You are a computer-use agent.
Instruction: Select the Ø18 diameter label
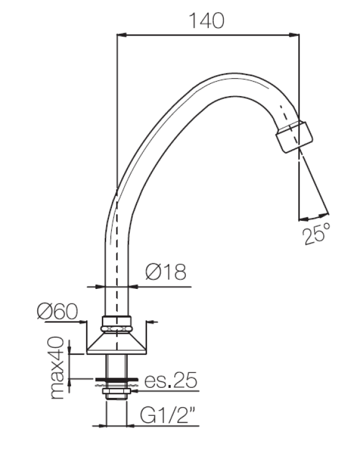(165, 271)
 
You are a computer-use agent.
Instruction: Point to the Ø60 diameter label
(57, 312)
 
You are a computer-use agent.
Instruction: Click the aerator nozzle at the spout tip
(294, 135)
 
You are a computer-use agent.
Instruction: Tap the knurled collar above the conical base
(117, 323)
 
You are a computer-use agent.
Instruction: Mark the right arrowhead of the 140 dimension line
(297, 36)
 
